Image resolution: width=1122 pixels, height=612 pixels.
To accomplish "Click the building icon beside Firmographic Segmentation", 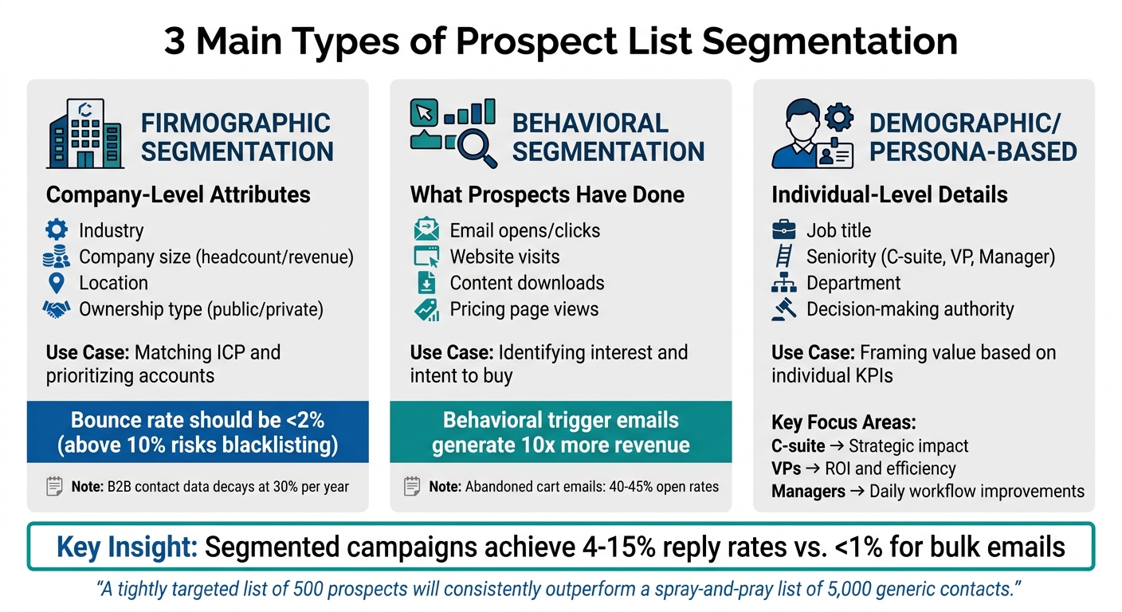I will tap(84, 133).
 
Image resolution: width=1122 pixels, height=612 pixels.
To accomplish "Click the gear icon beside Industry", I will tap(57, 231).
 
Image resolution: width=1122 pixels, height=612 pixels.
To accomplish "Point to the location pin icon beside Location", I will tap(57, 283).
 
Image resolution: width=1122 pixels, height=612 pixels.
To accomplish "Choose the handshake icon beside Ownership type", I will tap(57, 310).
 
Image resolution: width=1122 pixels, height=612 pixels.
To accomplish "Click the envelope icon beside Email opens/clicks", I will tap(426, 231).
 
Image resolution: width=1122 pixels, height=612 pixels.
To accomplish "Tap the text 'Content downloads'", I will tap(527, 283).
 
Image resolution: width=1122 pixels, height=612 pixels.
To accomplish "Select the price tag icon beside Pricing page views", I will tap(426, 310).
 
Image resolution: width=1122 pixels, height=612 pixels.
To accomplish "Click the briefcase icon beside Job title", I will tap(784, 231).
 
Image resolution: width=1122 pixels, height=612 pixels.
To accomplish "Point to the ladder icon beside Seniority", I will tap(784, 257).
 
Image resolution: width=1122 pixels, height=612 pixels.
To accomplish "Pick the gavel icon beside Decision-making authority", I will tap(784, 309).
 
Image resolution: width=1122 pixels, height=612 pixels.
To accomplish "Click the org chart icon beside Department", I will tap(784, 283).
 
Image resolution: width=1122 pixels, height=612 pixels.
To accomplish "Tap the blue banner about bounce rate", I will tap(198, 432).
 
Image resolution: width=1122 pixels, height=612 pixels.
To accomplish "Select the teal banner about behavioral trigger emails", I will tap(560, 432).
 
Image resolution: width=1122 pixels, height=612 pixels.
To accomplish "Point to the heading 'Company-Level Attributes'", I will tap(178, 194).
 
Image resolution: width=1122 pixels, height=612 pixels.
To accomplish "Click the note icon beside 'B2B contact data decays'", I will tap(55, 486).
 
